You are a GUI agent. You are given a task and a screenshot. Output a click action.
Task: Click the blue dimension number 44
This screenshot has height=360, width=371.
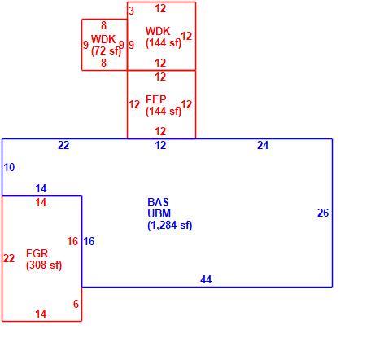206,279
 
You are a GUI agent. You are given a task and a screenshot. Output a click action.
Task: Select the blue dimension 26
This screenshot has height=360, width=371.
323,213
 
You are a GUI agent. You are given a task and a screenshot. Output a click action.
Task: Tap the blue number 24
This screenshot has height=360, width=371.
263,145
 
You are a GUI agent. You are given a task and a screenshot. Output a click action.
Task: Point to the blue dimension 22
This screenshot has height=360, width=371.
63,145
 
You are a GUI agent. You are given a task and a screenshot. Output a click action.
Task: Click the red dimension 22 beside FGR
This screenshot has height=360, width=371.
9,258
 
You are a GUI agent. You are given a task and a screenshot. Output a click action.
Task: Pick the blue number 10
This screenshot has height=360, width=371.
9,167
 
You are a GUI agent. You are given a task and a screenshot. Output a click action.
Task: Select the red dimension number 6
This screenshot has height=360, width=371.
76,304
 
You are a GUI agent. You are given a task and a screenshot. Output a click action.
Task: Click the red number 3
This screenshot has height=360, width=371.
131,11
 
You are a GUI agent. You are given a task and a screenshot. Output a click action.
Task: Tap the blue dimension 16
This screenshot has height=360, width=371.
89,241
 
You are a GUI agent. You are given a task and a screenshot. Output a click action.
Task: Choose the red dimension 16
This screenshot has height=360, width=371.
72,241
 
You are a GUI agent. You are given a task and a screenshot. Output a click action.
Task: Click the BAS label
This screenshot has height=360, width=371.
158,202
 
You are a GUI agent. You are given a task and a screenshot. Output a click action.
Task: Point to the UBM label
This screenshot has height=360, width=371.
159,213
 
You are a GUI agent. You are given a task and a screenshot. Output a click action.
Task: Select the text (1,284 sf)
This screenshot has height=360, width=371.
170,225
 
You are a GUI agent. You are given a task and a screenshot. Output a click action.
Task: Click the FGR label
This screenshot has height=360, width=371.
37,253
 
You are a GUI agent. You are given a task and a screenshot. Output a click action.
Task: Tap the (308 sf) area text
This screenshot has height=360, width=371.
44,265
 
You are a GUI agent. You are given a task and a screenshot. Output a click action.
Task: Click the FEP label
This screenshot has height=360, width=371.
156,99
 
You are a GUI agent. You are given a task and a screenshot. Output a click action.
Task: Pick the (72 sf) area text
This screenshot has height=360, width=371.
106,50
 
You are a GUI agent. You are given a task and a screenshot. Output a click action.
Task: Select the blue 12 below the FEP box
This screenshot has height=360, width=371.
160,145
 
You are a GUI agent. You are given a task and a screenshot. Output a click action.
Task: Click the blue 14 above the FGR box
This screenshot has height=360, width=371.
41,188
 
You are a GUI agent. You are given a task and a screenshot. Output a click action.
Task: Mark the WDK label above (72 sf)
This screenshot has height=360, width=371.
103,39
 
